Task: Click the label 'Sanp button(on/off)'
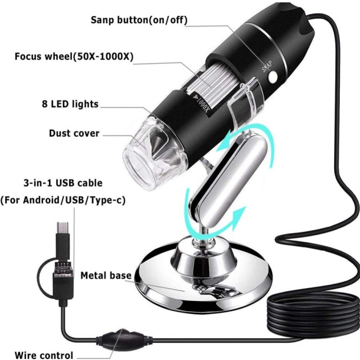click(139, 20)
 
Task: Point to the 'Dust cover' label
click(74, 133)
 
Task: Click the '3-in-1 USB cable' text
click(63, 183)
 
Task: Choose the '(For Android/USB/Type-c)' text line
click(63, 200)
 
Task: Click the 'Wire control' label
click(44, 355)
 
